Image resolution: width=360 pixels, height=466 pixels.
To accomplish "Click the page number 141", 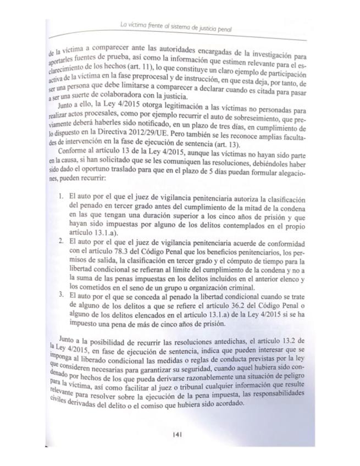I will coord(177,434).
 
